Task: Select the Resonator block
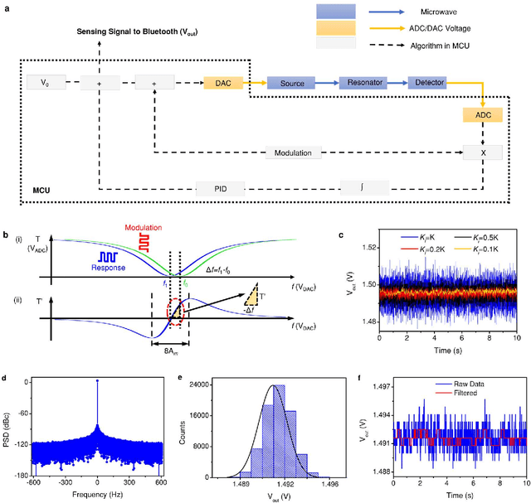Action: [363, 83]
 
